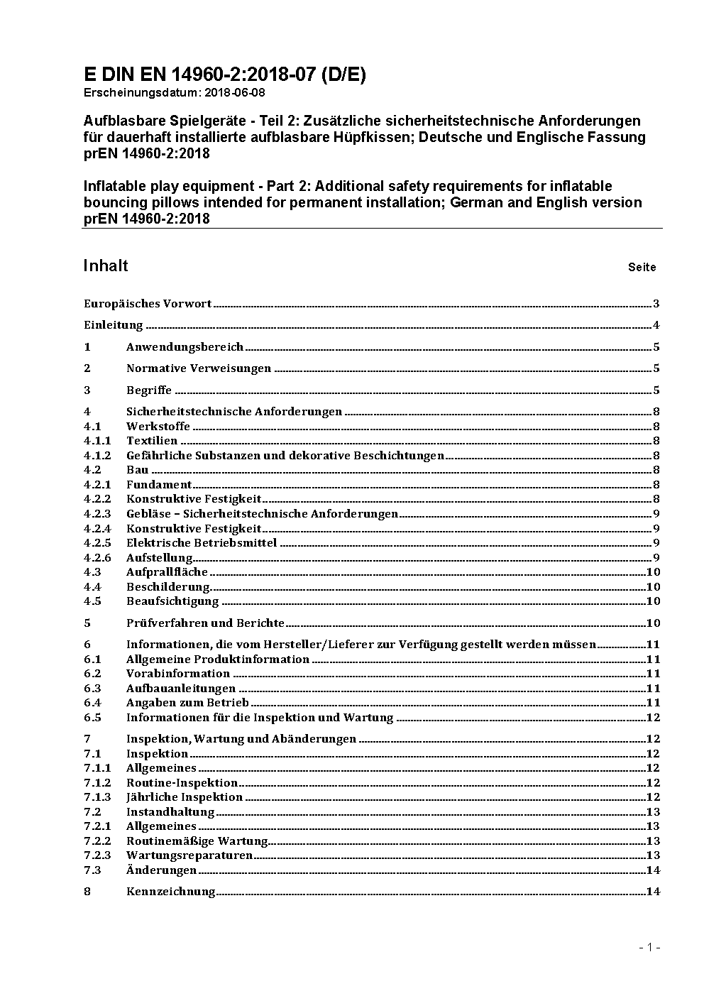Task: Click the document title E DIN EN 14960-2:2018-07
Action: tap(225, 75)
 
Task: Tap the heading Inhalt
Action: tap(106, 266)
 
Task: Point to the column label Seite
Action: tap(642, 268)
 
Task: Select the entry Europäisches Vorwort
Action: tap(148, 304)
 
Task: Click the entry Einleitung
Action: tap(114, 325)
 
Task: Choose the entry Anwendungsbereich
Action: tap(185, 347)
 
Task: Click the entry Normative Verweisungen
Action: tap(199, 368)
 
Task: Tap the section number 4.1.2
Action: tap(97, 456)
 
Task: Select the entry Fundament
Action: tap(159, 485)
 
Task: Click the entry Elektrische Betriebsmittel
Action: tap(202, 543)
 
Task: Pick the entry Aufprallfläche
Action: tap(167, 572)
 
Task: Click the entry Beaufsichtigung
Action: tap(172, 601)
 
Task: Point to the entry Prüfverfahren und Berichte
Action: tap(205, 623)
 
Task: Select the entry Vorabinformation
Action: tap(178, 674)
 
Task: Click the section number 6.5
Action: tap(92, 718)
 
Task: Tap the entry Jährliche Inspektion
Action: tap(185, 797)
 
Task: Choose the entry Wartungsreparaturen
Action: tap(189, 855)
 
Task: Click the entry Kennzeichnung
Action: tap(170, 892)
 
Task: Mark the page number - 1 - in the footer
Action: tap(649, 947)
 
